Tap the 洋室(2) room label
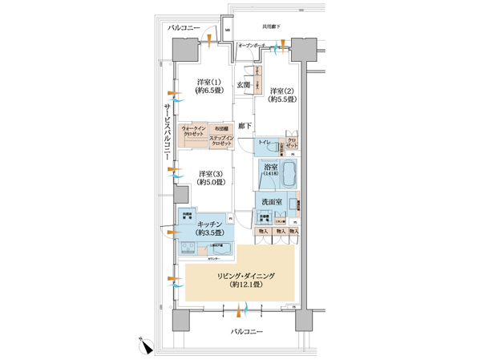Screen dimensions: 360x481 282,95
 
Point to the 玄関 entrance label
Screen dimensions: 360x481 244,84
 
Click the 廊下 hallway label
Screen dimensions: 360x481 245,126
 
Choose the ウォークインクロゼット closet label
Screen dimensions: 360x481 196,132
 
